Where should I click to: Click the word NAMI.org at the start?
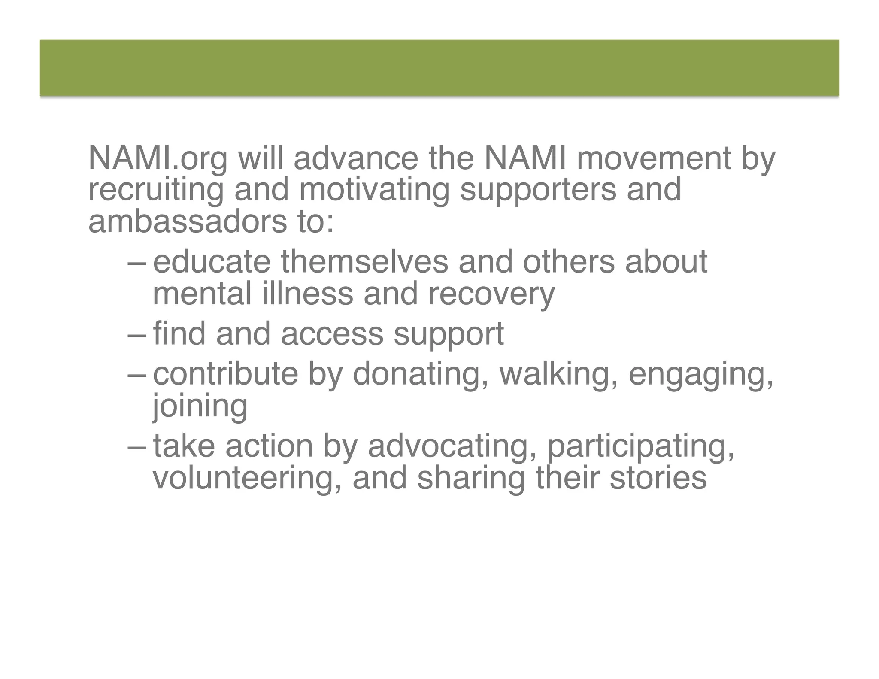(x=158, y=159)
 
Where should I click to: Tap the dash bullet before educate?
(x=137, y=263)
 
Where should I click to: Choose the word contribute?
(x=225, y=374)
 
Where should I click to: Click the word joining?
(x=200, y=406)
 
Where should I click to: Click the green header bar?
(x=439, y=68)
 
